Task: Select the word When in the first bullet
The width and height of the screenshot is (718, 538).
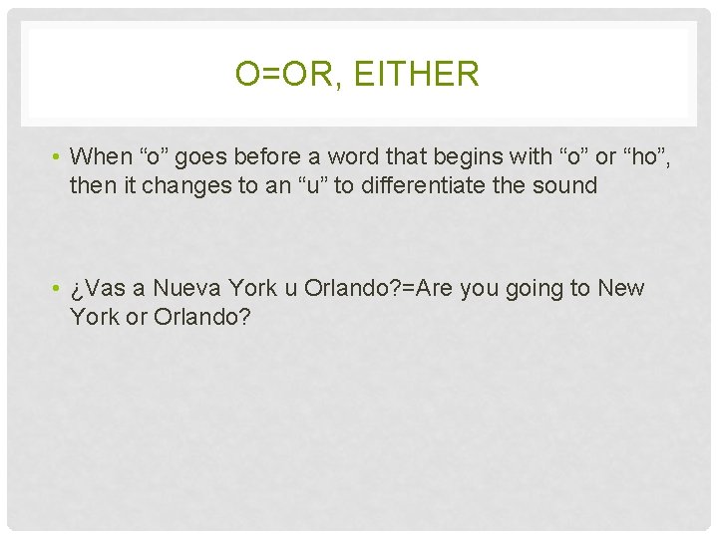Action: click(x=102, y=156)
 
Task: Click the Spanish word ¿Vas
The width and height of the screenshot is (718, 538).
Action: click(x=97, y=289)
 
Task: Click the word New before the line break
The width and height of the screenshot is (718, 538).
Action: click(x=621, y=289)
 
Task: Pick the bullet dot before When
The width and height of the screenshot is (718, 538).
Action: click(x=59, y=156)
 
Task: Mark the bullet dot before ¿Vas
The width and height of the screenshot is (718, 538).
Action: click(x=59, y=289)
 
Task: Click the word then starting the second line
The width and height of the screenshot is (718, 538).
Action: click(x=91, y=184)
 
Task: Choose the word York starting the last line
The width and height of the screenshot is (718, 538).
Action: click(x=93, y=317)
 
